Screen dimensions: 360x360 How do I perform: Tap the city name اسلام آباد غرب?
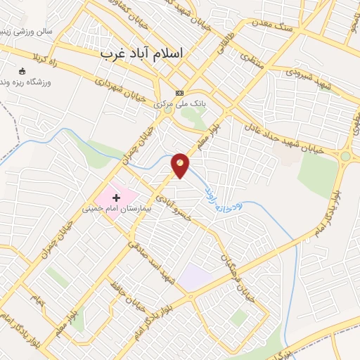141,53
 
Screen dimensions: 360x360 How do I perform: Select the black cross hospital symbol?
116,198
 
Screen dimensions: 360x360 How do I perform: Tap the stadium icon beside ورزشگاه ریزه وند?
22,71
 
